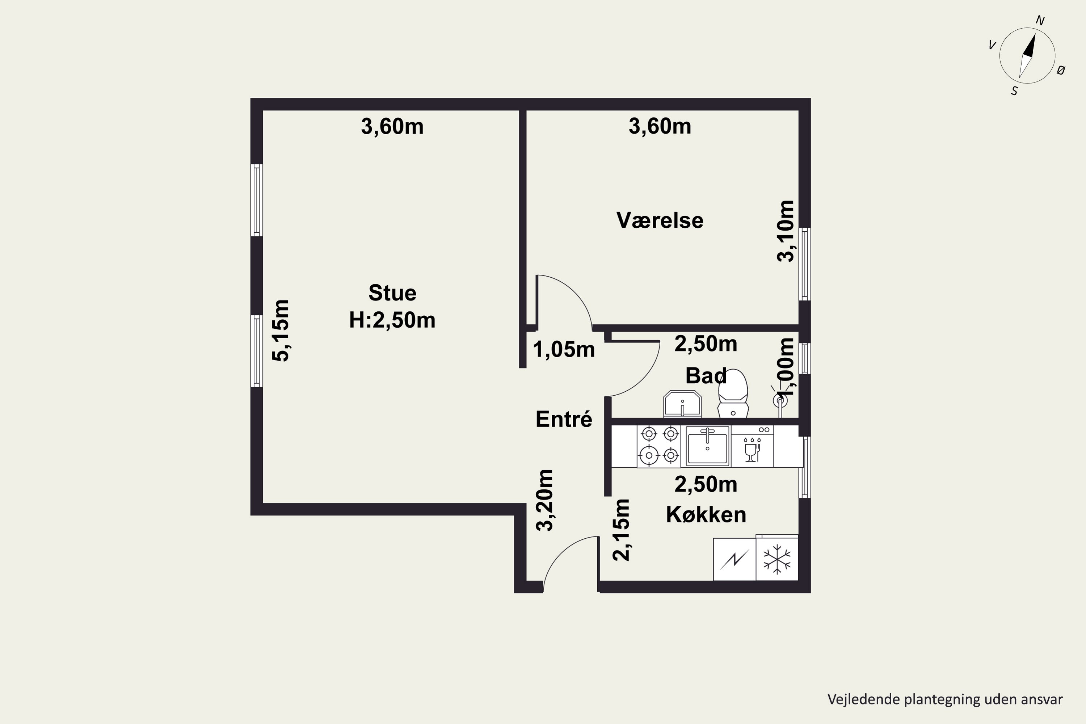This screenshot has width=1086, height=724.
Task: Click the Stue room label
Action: pyautogui.click(x=392, y=293)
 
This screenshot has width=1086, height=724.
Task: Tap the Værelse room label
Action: pyautogui.click(x=660, y=220)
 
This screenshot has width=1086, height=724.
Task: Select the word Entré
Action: pyautogui.click(x=564, y=419)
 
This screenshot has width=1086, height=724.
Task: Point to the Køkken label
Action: pyautogui.click(x=706, y=514)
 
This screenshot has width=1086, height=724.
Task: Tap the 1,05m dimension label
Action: pyautogui.click(x=564, y=350)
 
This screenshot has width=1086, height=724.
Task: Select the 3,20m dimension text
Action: pyautogui.click(x=544, y=500)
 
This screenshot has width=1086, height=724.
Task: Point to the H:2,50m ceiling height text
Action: pyautogui.click(x=392, y=320)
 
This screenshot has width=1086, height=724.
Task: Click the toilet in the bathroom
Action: pyautogui.click(x=733, y=394)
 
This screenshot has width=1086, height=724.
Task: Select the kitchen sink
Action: pyautogui.click(x=707, y=446)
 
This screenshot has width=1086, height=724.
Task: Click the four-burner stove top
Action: pyautogui.click(x=659, y=446)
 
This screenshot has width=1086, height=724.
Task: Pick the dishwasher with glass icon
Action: pyautogui.click(x=752, y=446)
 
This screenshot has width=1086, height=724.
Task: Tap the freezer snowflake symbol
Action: pyautogui.click(x=777, y=559)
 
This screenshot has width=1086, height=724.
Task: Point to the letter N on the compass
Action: pyautogui.click(x=1040, y=20)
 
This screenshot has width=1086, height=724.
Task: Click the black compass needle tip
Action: pyautogui.click(x=1035, y=33)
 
